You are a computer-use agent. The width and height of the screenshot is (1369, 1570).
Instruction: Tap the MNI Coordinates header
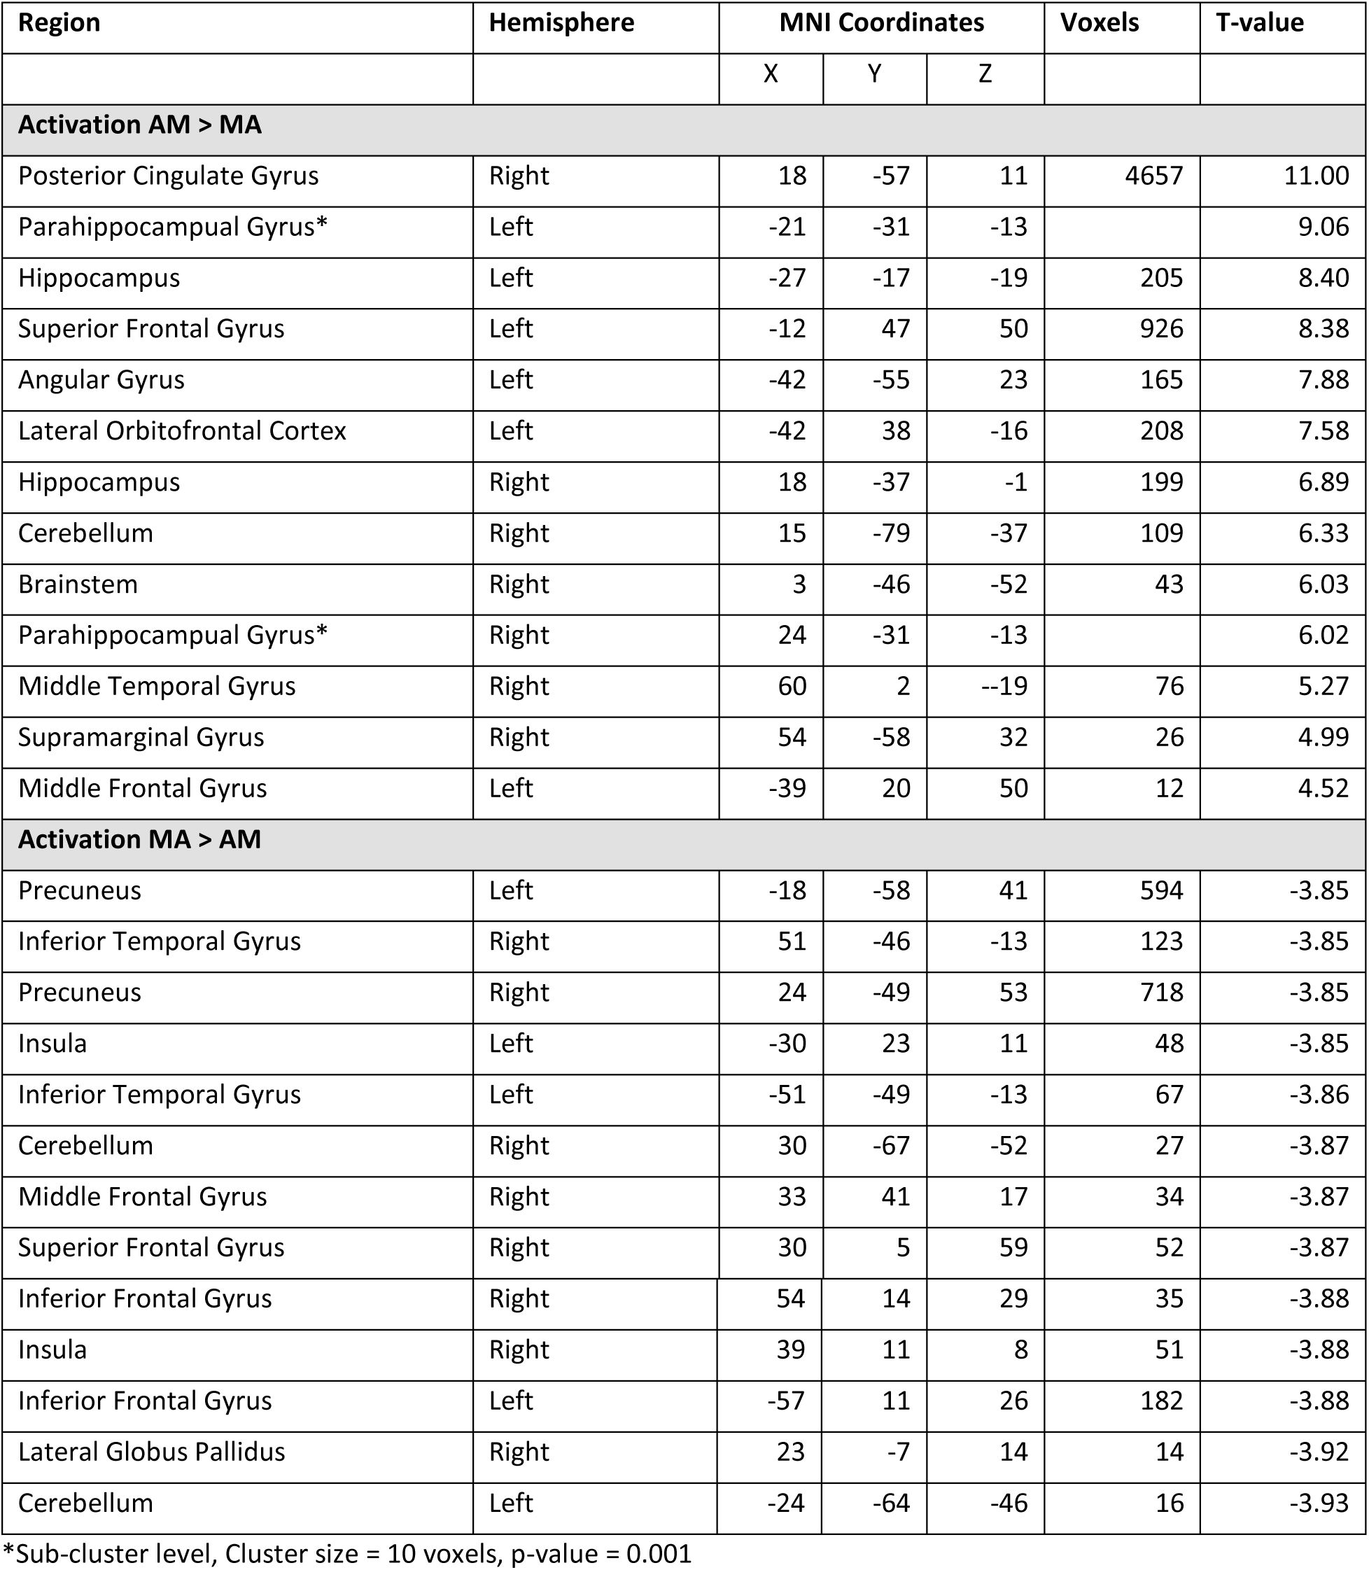881,24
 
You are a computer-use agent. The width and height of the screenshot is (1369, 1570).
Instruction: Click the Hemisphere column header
561,24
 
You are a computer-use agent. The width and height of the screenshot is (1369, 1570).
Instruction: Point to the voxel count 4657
1153,176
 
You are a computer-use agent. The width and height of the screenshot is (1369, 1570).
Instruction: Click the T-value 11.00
1316,176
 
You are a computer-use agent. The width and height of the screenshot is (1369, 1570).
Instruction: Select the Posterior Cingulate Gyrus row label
168,176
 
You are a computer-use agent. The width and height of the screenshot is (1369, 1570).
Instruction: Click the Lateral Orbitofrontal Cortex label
182,432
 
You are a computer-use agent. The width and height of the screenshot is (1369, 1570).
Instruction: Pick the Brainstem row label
78,584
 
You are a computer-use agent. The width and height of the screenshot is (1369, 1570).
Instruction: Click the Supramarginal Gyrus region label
141,738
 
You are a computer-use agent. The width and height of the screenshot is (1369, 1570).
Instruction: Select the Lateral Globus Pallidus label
151,1452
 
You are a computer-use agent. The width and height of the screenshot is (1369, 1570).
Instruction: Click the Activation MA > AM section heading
139,840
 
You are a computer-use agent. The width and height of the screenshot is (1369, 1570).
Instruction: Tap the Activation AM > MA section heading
139,125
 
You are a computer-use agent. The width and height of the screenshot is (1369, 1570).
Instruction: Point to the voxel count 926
1161,329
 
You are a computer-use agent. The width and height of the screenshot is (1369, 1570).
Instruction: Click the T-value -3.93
1319,1504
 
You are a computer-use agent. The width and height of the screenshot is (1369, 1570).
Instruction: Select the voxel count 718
1161,993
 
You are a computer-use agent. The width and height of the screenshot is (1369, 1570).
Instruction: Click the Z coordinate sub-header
985,75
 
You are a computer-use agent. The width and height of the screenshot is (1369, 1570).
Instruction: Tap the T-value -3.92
1319,1452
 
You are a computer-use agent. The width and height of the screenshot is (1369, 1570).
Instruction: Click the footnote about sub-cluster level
348,1553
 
